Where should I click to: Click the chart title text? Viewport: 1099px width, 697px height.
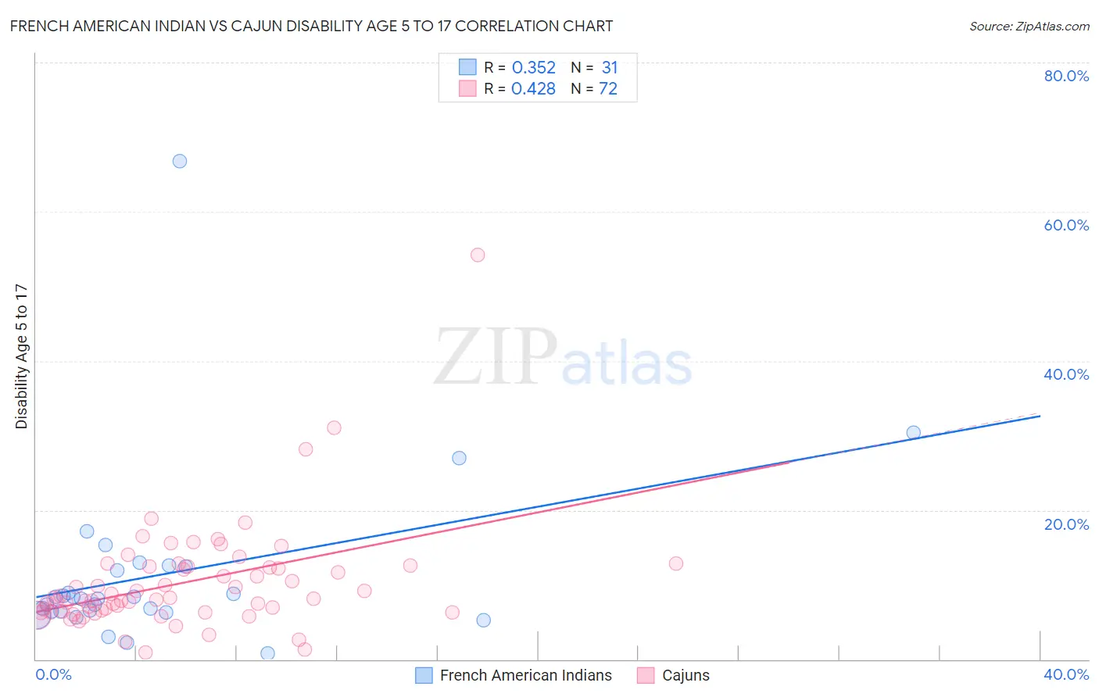tap(311, 26)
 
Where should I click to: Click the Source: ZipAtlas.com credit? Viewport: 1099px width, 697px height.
tap(1029, 26)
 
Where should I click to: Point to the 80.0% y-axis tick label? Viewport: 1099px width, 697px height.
tap(1066, 76)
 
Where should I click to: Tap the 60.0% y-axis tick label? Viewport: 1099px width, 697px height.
tap(1066, 225)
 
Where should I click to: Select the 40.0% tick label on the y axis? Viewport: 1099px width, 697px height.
tap(1066, 374)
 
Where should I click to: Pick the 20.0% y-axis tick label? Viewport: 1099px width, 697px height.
tap(1066, 524)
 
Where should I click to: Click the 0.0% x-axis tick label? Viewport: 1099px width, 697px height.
tap(53, 674)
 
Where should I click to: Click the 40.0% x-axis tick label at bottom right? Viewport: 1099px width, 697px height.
tap(1066, 674)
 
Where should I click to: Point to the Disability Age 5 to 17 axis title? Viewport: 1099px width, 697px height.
tap(22, 356)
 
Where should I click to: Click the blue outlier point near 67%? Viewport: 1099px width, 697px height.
tap(180, 161)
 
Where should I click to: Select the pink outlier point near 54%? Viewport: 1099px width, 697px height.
tap(478, 255)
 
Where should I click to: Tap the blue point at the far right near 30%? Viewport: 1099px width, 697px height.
tap(913, 432)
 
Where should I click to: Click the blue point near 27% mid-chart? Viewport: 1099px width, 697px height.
tap(459, 458)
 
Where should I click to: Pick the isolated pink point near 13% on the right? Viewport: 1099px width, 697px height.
tap(676, 563)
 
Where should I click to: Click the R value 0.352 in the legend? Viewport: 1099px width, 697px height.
tap(533, 68)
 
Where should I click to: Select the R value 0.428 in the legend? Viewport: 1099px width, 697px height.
tap(533, 89)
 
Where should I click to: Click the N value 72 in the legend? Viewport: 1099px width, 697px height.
tap(608, 89)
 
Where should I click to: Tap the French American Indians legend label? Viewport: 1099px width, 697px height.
tap(525, 675)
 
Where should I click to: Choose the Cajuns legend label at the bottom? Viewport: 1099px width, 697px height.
tap(686, 675)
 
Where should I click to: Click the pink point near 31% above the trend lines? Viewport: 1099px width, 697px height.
tap(334, 427)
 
